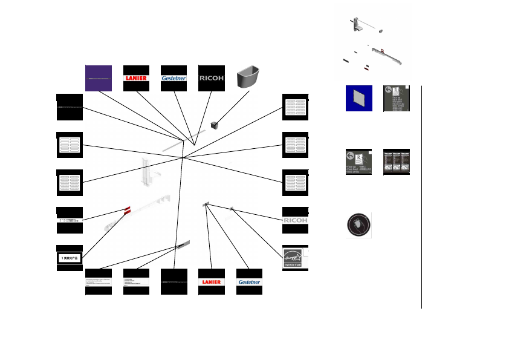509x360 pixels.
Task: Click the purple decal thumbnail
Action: [98, 78]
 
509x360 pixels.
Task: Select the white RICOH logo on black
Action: [211, 78]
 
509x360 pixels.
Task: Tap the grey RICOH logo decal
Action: [296, 220]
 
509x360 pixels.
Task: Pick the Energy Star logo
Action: [296, 258]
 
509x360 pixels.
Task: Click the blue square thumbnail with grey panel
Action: [358, 98]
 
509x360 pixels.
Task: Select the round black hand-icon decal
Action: [358, 225]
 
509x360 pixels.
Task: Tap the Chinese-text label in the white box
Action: [70, 258]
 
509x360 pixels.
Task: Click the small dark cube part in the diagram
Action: [214, 125]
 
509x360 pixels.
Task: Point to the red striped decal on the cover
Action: [127, 210]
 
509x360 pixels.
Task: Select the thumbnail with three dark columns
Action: [397, 162]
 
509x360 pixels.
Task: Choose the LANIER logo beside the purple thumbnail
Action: [136, 78]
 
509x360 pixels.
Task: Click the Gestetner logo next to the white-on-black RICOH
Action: [173, 78]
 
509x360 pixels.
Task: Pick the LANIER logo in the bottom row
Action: [211, 282]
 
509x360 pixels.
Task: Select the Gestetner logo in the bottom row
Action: [249, 282]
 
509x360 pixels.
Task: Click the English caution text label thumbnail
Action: [99, 282]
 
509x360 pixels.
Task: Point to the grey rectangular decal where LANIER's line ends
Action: [206, 206]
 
